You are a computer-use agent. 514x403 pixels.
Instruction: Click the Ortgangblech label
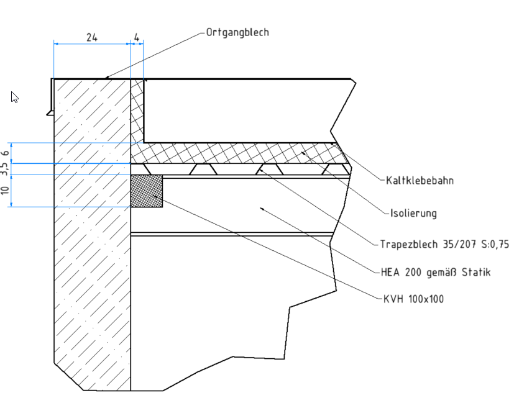tap(237, 32)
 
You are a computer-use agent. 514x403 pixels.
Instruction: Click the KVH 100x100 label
tap(413, 299)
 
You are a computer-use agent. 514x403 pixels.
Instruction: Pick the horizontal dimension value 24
tap(91, 37)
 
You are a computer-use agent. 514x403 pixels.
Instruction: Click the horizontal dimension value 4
tap(137, 37)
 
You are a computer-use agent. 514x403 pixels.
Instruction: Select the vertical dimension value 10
tap(6, 191)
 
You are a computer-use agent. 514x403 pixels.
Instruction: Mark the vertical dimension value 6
tap(6, 153)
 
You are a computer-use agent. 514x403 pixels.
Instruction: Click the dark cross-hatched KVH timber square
tap(147, 191)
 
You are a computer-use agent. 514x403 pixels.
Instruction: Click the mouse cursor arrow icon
tap(14, 97)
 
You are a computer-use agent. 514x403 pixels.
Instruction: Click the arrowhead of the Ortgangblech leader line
tap(107, 77)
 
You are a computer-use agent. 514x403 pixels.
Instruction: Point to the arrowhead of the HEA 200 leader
tap(263, 209)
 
